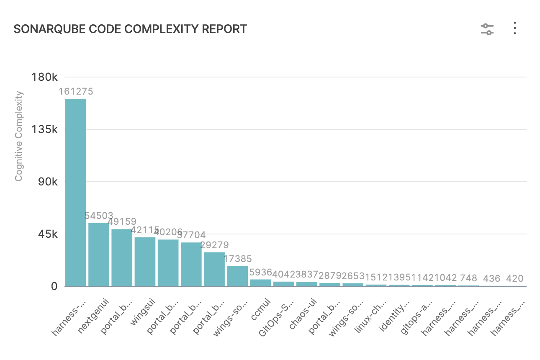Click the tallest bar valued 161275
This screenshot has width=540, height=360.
[75, 193]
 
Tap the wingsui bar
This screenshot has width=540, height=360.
[145, 262]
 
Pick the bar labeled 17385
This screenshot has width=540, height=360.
[237, 276]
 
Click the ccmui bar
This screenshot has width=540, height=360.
[260, 283]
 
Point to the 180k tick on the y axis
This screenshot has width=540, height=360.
[46, 77]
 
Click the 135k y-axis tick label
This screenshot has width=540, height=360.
[46, 129]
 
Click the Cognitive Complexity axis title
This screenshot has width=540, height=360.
[18, 136]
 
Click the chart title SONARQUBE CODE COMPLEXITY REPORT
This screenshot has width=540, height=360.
[130, 29]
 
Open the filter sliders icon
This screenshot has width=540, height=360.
[487, 29]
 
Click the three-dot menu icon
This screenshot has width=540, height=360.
[515, 28]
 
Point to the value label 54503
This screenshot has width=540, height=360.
[99, 216]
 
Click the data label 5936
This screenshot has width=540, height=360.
[260, 273]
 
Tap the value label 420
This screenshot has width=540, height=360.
[514, 279]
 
